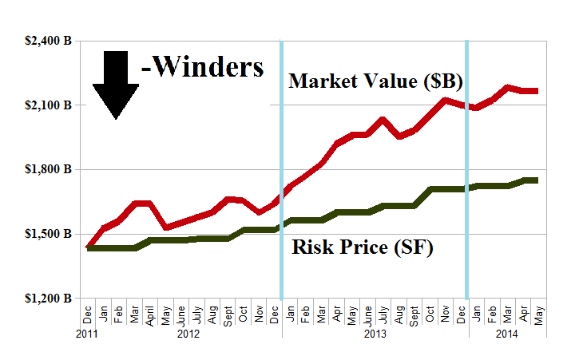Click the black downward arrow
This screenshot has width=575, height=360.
click(x=116, y=85)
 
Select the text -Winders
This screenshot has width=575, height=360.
click(x=202, y=69)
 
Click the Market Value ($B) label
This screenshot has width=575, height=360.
click(x=376, y=81)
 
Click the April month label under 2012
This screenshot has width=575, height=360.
click(x=150, y=315)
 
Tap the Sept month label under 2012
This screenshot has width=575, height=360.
click(x=228, y=315)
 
